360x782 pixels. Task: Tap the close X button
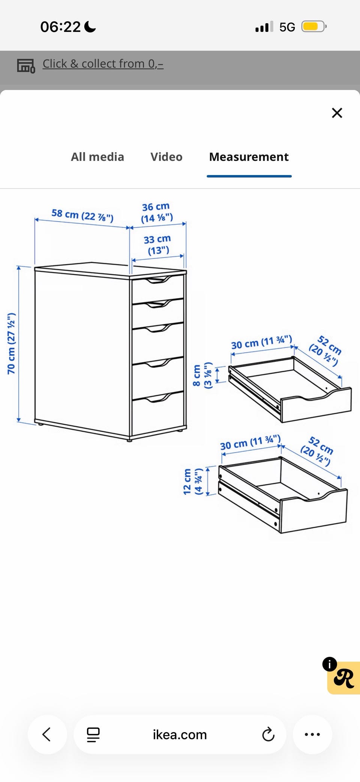[x=337, y=113]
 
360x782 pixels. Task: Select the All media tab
[x=97, y=157]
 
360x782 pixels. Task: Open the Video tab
[x=166, y=157]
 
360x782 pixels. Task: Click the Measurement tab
[x=249, y=157]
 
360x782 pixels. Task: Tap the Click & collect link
[x=103, y=64]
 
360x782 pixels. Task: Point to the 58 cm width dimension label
[x=82, y=215]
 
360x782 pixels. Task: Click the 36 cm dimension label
[x=156, y=212]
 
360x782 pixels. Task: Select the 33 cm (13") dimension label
[x=157, y=244]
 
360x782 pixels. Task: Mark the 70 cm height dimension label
[x=11, y=343]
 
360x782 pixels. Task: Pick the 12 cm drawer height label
[x=193, y=481]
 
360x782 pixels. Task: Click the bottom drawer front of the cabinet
[x=158, y=414]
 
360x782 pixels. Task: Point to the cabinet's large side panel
[x=82, y=351]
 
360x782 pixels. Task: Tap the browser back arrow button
[x=47, y=734]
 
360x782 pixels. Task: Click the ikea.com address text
[x=180, y=735]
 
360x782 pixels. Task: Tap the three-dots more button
[x=312, y=734]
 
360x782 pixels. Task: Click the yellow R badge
[x=343, y=678]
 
